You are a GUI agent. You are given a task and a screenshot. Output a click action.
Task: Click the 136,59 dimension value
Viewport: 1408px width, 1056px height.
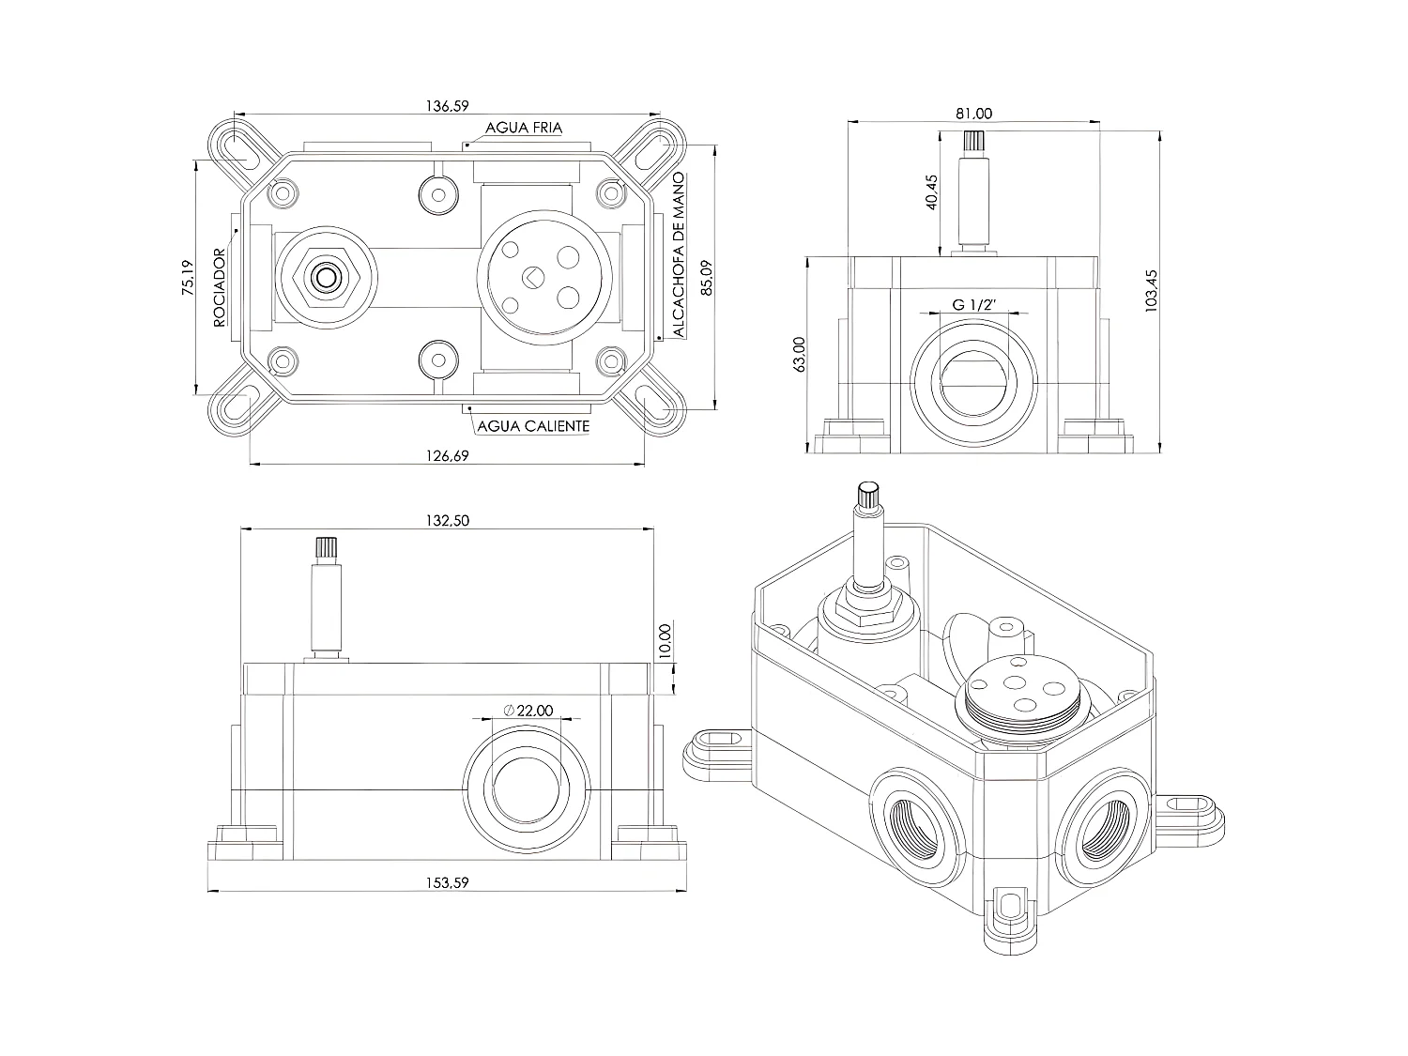447,106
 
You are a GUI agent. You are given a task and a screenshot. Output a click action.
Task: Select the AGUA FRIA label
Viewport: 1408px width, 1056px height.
524,128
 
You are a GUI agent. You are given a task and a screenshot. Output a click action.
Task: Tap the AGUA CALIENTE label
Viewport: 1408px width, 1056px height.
534,426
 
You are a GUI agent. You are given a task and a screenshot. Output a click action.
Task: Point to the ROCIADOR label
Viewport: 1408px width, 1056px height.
220,287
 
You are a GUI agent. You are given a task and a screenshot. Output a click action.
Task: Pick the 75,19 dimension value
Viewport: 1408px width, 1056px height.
187,279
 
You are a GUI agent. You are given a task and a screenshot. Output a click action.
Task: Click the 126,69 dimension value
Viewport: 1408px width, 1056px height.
447,455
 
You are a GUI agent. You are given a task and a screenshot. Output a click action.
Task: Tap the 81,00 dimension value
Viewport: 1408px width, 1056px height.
973,114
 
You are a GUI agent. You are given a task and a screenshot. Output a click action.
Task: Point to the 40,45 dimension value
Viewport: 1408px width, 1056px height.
931,192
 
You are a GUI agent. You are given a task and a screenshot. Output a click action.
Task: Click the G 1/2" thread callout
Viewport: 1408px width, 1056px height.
973,305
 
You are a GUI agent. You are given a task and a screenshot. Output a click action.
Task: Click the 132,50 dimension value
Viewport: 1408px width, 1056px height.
447,522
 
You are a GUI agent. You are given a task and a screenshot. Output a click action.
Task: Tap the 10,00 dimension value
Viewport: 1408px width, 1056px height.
666,643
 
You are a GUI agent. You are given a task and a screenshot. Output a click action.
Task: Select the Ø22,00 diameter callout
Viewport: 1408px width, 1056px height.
528,711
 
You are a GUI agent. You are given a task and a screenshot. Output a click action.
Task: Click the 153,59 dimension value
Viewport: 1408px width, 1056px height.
447,882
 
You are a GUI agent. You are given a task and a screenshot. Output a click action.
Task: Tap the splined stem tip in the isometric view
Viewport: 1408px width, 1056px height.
866,494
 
